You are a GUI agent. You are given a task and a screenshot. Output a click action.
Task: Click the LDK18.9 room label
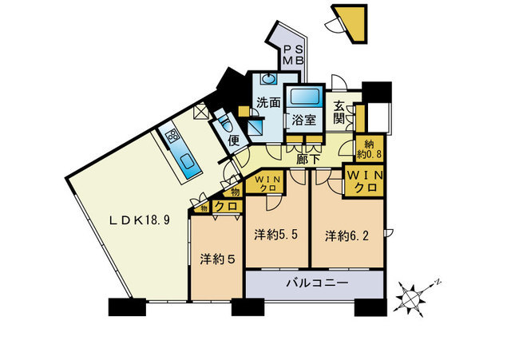[139, 220]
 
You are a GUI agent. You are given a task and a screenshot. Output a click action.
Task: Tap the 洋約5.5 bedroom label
[276, 235]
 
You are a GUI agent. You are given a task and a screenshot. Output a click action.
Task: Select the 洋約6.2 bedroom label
[347, 236]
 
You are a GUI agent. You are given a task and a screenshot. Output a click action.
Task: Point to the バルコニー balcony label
[313, 283]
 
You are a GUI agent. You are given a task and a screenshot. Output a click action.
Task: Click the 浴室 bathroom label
[303, 120]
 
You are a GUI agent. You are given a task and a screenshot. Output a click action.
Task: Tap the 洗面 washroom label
[268, 103]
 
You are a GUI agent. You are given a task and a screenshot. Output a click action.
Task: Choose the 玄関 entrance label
[339, 113]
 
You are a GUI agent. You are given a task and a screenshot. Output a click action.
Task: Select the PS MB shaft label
[293, 55]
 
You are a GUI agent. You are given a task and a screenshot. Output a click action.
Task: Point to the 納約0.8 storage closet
[369, 148]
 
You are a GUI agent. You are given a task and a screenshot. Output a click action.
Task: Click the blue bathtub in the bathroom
[304, 96]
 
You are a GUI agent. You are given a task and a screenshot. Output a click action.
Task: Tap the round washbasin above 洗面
[268, 78]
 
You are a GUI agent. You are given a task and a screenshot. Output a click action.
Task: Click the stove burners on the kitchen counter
[172, 136]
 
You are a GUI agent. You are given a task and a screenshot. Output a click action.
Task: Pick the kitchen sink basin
[188, 161]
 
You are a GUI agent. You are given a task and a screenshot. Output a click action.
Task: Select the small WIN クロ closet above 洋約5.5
[266, 183]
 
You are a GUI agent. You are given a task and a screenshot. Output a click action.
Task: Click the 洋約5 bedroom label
[217, 259]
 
